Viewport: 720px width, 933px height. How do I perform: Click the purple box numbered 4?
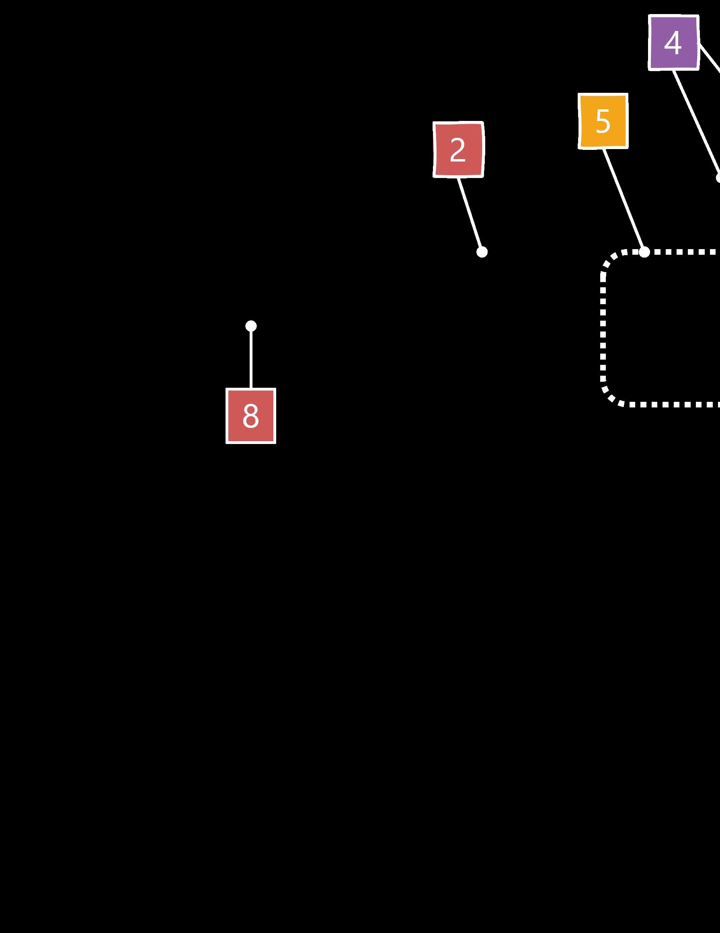(x=673, y=43)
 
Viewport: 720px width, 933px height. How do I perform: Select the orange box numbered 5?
(x=603, y=121)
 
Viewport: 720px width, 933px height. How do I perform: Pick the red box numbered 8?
(x=251, y=415)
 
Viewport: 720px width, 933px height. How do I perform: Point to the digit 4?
(x=673, y=43)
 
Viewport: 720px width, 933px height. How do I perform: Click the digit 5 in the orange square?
(x=603, y=121)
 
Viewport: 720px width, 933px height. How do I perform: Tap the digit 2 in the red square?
(x=457, y=150)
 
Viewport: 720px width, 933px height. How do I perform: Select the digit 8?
(x=251, y=415)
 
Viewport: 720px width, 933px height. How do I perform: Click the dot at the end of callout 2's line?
(x=482, y=252)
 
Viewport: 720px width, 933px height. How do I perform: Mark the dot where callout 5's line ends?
(x=644, y=252)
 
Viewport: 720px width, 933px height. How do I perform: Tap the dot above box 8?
(x=251, y=326)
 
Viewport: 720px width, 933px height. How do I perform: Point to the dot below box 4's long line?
(x=718, y=178)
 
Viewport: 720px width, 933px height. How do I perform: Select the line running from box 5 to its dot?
(x=624, y=200)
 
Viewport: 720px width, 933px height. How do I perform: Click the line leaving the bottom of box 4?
(x=695, y=124)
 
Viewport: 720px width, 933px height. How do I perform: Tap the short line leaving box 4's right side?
(x=710, y=58)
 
